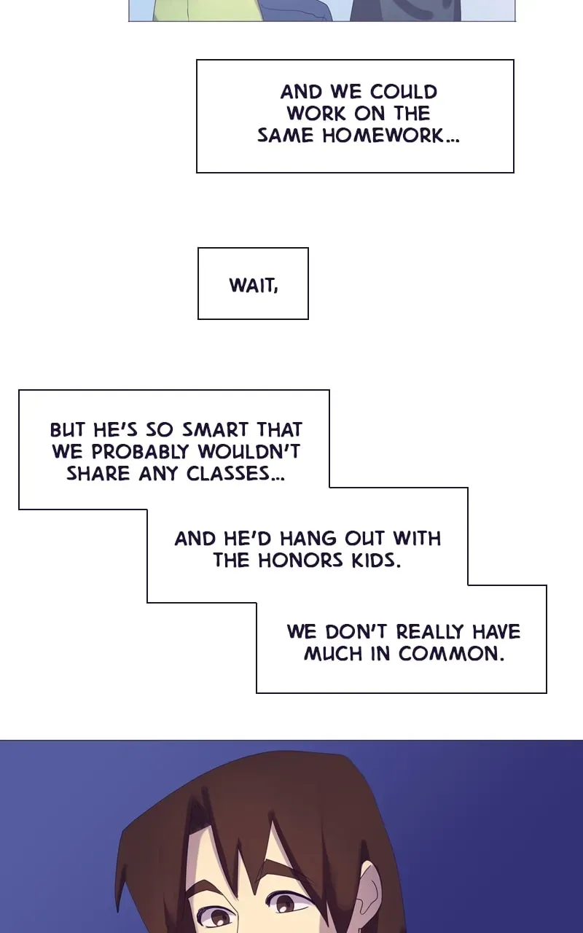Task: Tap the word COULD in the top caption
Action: tap(404, 92)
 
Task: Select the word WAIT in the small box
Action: tap(252, 285)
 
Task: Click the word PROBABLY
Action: tap(141, 452)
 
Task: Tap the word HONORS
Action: tap(301, 561)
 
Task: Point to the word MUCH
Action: tap(333, 654)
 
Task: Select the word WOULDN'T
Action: tap(249, 452)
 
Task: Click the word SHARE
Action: tap(98, 474)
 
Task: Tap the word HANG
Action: tap(308, 539)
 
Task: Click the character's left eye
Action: tap(217, 917)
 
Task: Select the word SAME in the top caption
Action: tap(285, 136)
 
